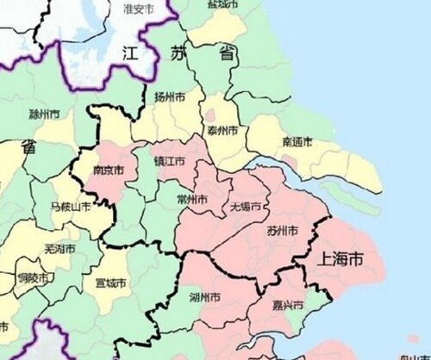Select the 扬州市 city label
pyautogui.click(x=170, y=98)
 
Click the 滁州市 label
pyautogui.click(x=44, y=114)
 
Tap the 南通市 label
pyautogui.click(x=297, y=142)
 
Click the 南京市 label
pyautogui.click(x=109, y=171)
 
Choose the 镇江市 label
pyautogui.click(x=169, y=161)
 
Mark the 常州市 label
pyautogui.click(x=191, y=199)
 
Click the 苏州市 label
pyautogui.click(x=282, y=231)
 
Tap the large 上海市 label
pyautogui.click(x=340, y=258)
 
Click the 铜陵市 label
pyautogui.click(x=33, y=279)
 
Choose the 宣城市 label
pyautogui.click(x=111, y=282)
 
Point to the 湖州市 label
pyautogui.click(x=204, y=297)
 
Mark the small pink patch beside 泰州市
pyautogui.click(x=209, y=115)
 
